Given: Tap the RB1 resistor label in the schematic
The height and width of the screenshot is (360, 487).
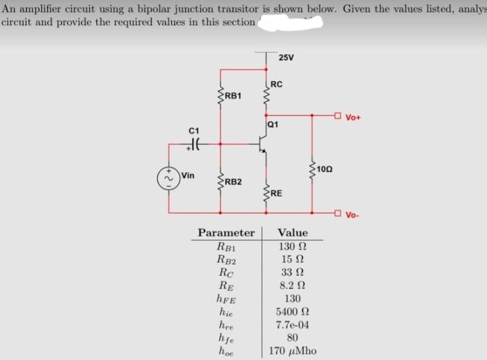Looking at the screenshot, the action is [233, 96].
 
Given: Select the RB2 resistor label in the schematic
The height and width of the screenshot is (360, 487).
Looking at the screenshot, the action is [233, 182].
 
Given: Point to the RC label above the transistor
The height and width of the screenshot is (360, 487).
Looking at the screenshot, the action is [277, 84].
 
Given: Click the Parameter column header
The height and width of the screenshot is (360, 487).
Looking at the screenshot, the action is [226, 233].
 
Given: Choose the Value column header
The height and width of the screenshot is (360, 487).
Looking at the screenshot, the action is [292, 233].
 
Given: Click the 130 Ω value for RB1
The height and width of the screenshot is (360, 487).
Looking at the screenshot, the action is [292, 247].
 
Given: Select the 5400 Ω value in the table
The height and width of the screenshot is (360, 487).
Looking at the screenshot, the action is [292, 310].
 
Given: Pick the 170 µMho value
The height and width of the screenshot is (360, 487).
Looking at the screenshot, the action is [292, 350].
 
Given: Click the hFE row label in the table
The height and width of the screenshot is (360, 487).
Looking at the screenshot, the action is [225, 298].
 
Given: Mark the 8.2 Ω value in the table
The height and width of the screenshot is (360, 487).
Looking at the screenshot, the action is [292, 285].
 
